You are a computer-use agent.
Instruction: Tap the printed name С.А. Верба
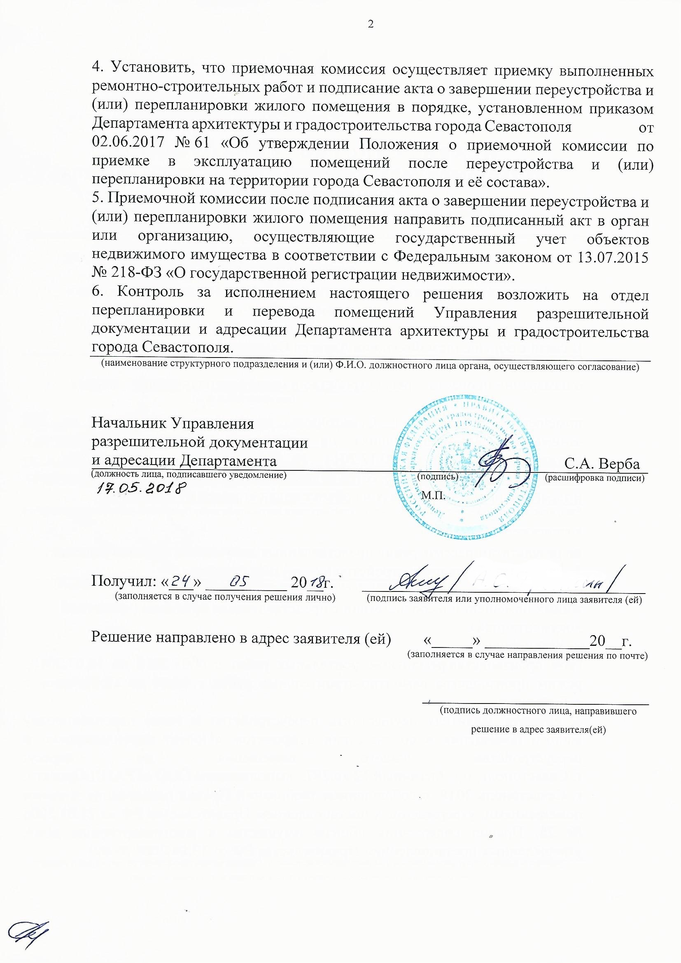coord(602,464)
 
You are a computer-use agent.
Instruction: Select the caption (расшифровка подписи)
coord(594,478)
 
